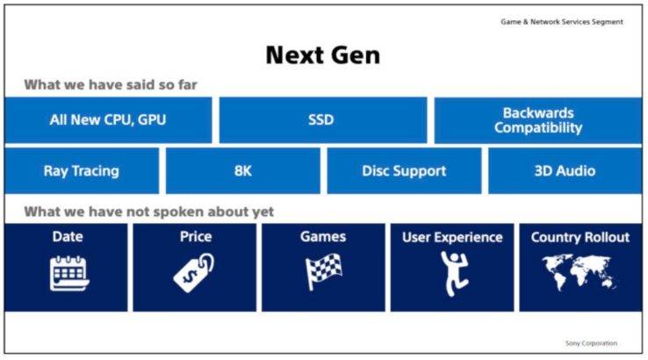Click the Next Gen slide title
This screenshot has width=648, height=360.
322,54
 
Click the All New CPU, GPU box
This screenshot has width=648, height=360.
108,120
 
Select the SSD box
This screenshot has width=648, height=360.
322,120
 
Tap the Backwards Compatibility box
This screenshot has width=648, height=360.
537,120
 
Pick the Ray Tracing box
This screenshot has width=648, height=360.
82,171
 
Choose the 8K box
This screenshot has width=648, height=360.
243,171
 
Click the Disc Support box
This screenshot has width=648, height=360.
404,171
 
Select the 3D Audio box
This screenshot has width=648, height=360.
565,171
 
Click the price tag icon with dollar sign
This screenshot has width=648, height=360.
194,273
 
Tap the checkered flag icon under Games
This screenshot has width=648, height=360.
322,272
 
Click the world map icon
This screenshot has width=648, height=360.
580,272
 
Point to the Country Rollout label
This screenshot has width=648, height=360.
580,237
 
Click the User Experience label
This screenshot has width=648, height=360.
452,237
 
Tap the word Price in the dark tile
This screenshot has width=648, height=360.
195,237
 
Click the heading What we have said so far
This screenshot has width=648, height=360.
110,85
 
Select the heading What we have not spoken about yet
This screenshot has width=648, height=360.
148,212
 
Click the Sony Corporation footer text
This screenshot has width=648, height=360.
590,343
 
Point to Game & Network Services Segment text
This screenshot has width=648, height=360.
561,22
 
